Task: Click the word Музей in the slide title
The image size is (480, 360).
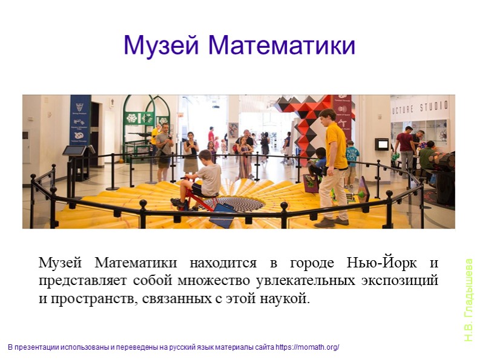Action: point(159,45)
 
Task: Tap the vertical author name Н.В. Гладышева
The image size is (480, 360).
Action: point(468,300)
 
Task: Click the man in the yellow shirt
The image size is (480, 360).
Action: point(334,163)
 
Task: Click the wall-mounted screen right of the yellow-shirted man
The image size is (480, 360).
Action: point(381,144)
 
